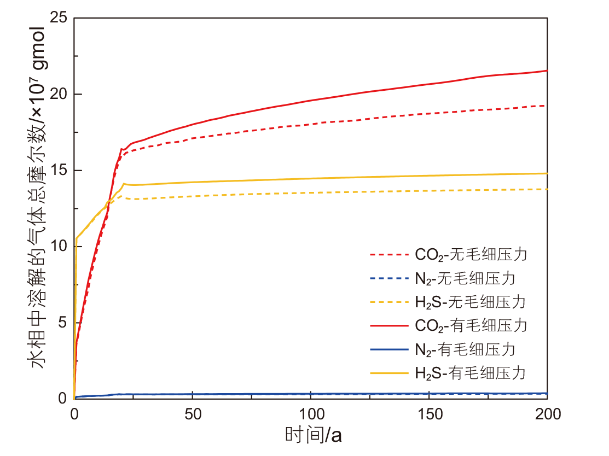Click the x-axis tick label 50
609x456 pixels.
tap(193, 414)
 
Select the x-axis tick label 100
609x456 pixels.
tap(311, 414)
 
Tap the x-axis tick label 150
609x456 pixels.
tap(429, 414)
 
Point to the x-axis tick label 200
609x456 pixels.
tap(547, 414)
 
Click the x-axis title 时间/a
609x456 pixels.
tap(313, 436)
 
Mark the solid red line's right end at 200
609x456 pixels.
tap(547, 71)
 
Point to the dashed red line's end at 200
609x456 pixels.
tap(547, 106)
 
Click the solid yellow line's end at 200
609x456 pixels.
tap(547, 173)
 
